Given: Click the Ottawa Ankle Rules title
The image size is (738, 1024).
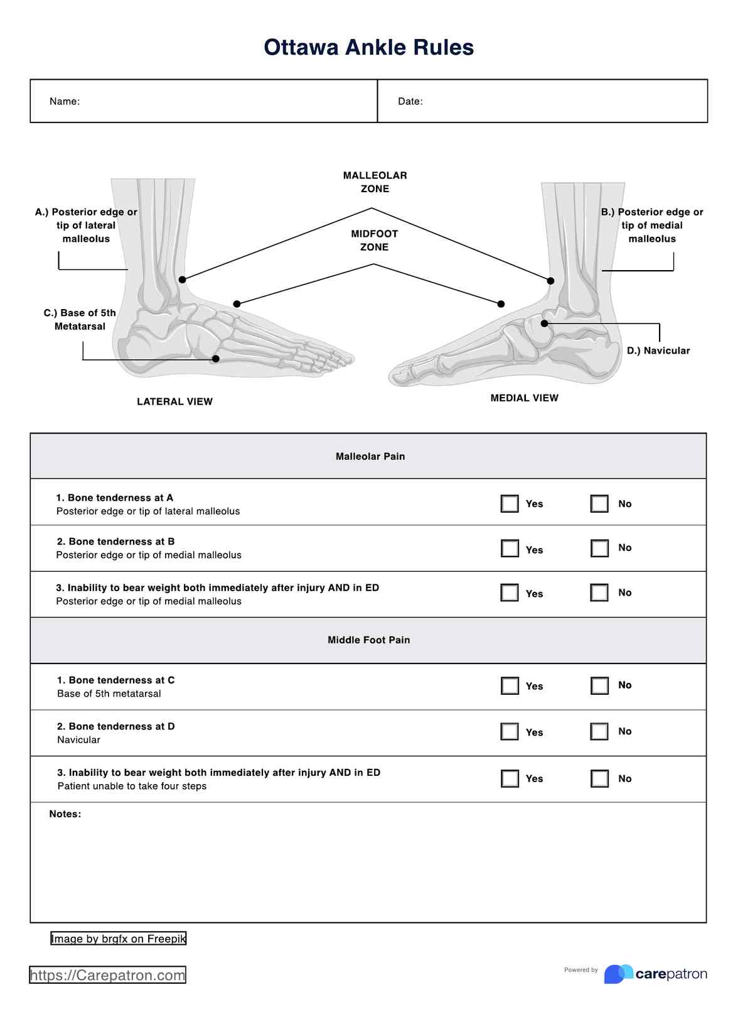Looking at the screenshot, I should [368, 48].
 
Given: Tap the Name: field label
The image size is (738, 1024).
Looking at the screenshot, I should [65, 101].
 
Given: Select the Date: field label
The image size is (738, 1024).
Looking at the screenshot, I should [410, 101].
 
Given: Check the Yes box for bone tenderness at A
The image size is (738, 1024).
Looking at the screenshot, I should [510, 504].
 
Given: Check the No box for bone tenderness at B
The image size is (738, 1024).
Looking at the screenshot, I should [599, 548].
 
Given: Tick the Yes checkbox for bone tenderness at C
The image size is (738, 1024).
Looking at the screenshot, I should [510, 685].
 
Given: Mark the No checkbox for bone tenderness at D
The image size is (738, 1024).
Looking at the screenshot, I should [599, 731].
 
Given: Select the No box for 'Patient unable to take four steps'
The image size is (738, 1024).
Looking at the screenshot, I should [599, 778].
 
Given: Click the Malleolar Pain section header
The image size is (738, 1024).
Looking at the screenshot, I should [370, 457].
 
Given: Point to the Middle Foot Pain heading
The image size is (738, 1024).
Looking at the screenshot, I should [368, 640].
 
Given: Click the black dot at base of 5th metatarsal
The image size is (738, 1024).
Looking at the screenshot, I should [215, 359].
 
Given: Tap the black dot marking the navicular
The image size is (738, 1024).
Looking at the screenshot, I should [545, 324].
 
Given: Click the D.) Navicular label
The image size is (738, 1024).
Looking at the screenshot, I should [658, 351].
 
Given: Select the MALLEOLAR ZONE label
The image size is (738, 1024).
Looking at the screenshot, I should [375, 182].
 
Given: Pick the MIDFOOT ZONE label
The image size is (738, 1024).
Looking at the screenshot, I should [374, 241].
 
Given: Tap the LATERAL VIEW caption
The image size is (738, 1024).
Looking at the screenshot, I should [174, 401].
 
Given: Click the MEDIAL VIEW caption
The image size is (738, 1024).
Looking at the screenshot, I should [524, 398].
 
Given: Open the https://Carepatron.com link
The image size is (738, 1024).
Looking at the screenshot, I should [107, 975].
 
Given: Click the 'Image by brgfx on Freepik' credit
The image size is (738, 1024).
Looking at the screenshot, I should [119, 939].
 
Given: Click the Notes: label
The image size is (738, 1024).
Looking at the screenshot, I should [65, 814].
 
